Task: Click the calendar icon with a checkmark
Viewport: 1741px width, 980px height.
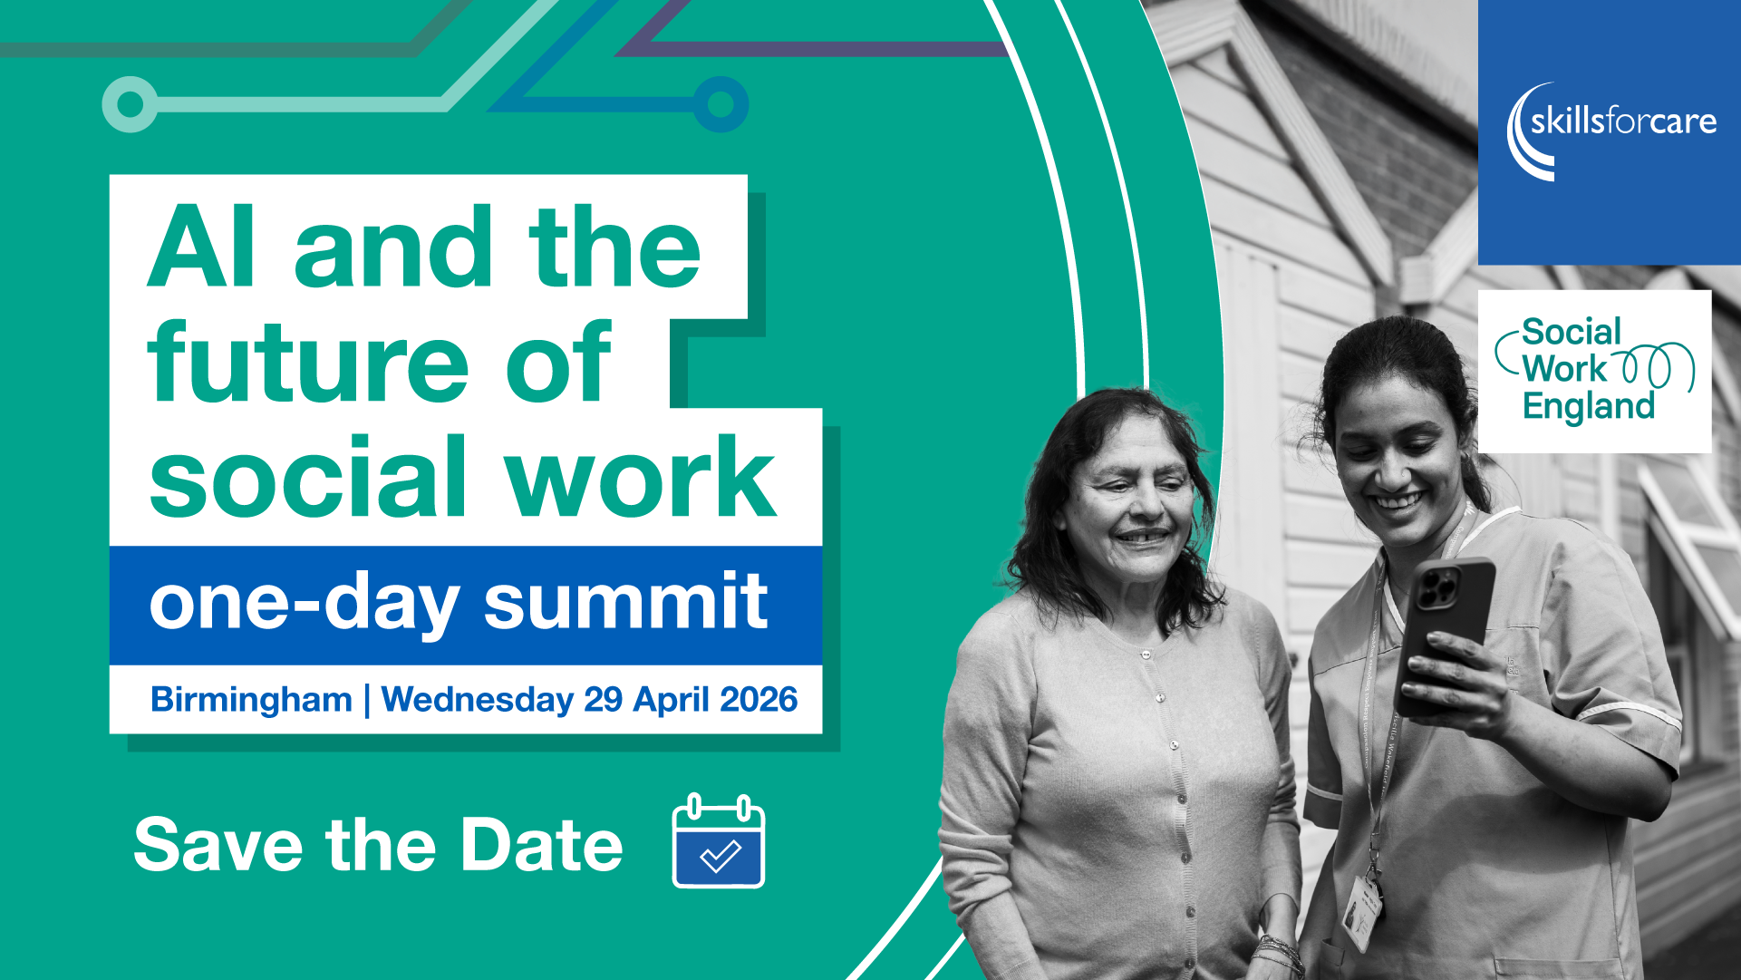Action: coord(719,841)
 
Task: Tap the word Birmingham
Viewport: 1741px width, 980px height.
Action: coord(251,700)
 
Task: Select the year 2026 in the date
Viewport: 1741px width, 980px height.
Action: coord(759,699)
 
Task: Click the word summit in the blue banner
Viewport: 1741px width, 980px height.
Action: coord(625,601)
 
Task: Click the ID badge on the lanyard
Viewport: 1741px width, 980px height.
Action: coord(1361,912)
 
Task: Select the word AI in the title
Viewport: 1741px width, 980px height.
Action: coord(201,247)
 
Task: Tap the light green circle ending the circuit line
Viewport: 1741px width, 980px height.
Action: coord(131,104)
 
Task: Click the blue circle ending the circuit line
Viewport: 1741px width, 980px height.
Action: coord(721,104)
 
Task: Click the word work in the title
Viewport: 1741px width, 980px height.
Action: coord(641,477)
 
